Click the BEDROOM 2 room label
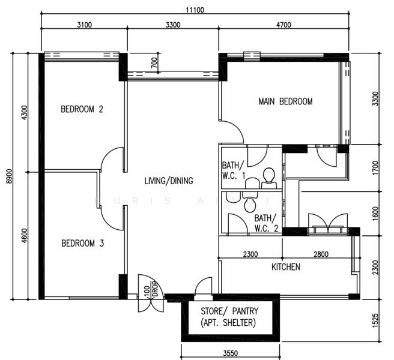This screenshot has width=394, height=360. click(x=82, y=109)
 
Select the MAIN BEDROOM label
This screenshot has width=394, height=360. click(x=285, y=101)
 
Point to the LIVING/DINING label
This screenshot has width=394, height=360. click(x=169, y=181)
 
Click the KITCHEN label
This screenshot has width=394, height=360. click(x=285, y=267)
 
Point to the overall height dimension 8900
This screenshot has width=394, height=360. click(x=8, y=175)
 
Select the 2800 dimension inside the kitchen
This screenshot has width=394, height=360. click(x=320, y=254)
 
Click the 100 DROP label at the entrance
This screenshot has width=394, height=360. click(x=150, y=293)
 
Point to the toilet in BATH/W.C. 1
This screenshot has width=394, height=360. click(x=268, y=176)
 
